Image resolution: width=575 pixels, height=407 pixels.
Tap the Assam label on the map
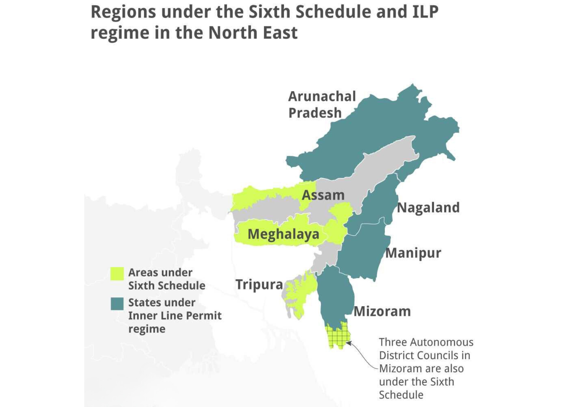pyautogui.click(x=323, y=195)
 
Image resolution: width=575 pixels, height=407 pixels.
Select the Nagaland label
pyautogui.click(x=428, y=207)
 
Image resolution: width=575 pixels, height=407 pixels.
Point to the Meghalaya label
pyautogui.click(x=283, y=234)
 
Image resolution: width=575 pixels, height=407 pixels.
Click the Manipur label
pyautogui.click(x=413, y=253)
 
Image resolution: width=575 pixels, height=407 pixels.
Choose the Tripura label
pyautogui.click(x=259, y=284)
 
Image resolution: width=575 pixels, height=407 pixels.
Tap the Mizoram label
pyautogui.click(x=382, y=311)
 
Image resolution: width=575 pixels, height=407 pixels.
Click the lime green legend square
pyautogui.click(x=117, y=274)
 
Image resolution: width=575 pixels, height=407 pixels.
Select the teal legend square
pyautogui.click(x=117, y=303)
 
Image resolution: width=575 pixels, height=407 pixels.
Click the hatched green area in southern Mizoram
pyautogui.click(x=337, y=336)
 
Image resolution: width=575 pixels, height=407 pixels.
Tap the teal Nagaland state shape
pyautogui.click(x=378, y=204)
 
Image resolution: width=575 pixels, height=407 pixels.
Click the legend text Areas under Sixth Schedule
pyautogui.click(x=166, y=279)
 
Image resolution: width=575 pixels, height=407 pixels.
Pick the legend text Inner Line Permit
pyautogui.click(x=174, y=316)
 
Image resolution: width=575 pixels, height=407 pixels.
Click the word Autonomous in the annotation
pyautogui.click(x=442, y=342)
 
